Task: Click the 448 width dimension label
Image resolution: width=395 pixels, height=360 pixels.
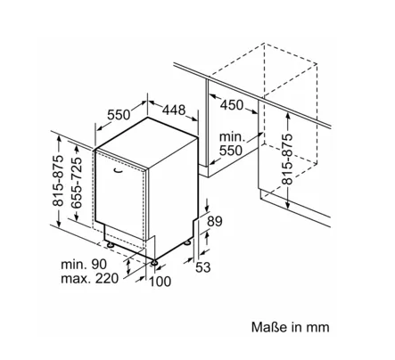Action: [174, 110]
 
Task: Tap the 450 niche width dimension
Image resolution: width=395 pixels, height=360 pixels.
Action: [232, 105]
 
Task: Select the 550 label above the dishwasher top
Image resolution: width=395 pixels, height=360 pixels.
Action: [119, 115]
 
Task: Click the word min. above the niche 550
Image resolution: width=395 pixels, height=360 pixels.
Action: [232, 137]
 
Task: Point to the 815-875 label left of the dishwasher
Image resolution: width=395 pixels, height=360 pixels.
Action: [58, 180]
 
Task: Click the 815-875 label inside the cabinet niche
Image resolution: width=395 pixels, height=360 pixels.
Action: [287, 159]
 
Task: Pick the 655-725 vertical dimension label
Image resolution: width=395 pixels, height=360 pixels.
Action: [77, 183]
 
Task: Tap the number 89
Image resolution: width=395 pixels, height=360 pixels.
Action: [215, 221]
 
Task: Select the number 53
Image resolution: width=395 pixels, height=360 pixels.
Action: [203, 267]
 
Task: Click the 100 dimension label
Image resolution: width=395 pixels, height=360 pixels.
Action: [160, 282]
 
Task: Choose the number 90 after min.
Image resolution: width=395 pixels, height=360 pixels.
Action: [98, 264]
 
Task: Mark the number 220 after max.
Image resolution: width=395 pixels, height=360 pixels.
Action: [107, 279]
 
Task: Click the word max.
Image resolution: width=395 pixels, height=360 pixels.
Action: [76, 279]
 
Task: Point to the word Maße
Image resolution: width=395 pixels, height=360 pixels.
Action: [269, 327]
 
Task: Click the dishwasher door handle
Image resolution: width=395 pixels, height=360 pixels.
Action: [118, 170]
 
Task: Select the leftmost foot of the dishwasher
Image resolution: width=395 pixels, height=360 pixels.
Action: [111, 245]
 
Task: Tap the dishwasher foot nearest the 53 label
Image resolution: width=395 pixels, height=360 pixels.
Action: [187, 242]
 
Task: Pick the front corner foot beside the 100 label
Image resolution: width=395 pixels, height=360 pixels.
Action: [155, 263]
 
